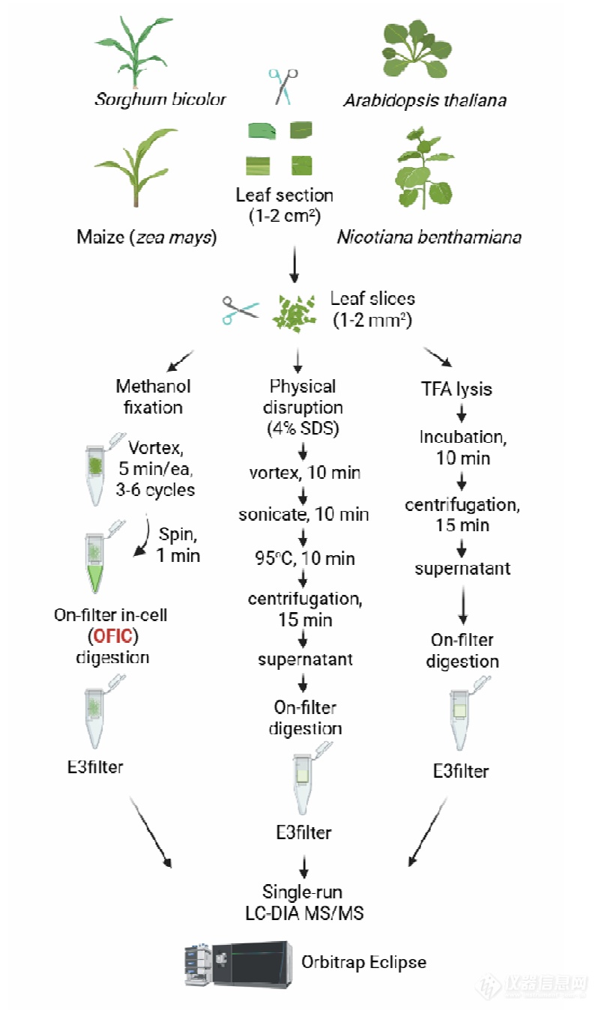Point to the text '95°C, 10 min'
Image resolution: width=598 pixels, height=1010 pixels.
click(x=303, y=558)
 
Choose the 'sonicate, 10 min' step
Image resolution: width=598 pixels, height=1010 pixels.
click(x=303, y=515)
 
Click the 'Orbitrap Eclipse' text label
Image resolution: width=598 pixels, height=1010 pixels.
click(x=364, y=962)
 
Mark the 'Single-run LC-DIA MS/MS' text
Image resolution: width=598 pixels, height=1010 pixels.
click(x=303, y=902)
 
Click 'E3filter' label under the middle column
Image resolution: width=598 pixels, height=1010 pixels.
click(x=303, y=832)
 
